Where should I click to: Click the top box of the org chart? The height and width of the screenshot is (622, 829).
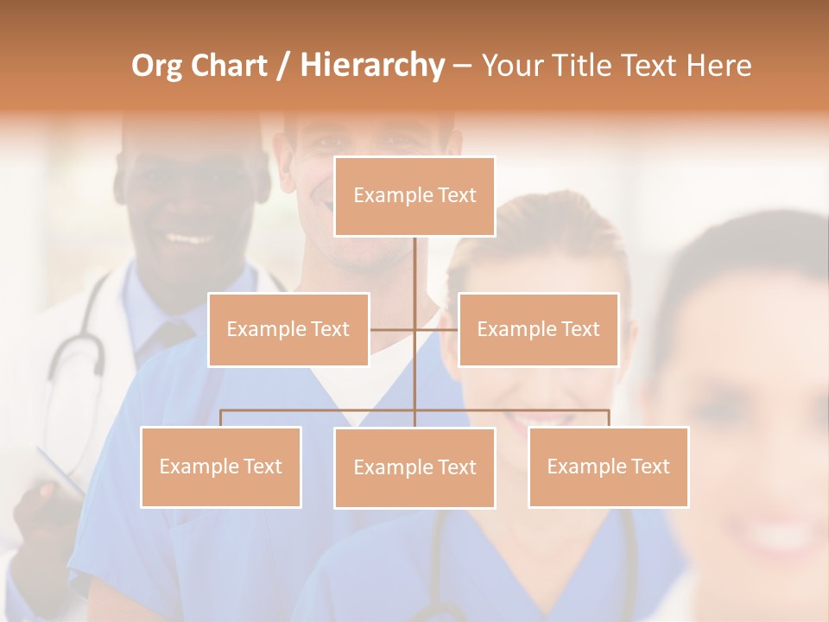point(414,196)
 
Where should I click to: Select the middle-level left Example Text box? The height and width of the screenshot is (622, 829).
point(288,329)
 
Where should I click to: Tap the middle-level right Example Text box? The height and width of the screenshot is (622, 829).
point(538,329)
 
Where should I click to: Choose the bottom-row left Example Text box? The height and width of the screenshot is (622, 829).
point(221,466)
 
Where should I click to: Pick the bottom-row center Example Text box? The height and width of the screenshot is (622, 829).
point(414,467)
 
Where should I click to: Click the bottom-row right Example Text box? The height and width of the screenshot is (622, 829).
point(608,466)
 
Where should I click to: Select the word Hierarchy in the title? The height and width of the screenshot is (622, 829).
point(372,67)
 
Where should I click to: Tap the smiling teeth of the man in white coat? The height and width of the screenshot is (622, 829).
point(189,238)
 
